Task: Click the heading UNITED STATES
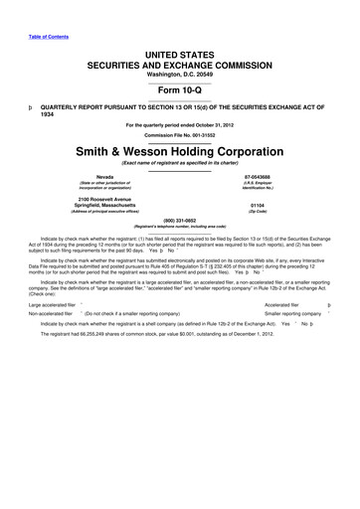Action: pos(179,47)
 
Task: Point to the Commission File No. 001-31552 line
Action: pos(179,135)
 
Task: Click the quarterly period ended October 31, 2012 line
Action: pos(179,122)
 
